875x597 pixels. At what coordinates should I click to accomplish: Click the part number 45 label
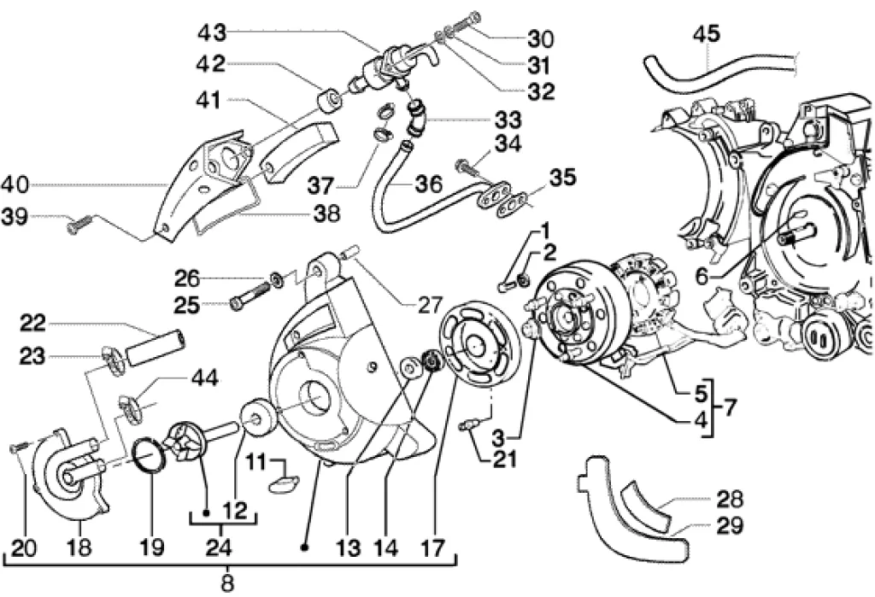pyautogui.click(x=706, y=34)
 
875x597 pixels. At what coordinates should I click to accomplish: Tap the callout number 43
pyautogui.click(x=211, y=33)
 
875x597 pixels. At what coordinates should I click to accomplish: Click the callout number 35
pyautogui.click(x=562, y=179)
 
